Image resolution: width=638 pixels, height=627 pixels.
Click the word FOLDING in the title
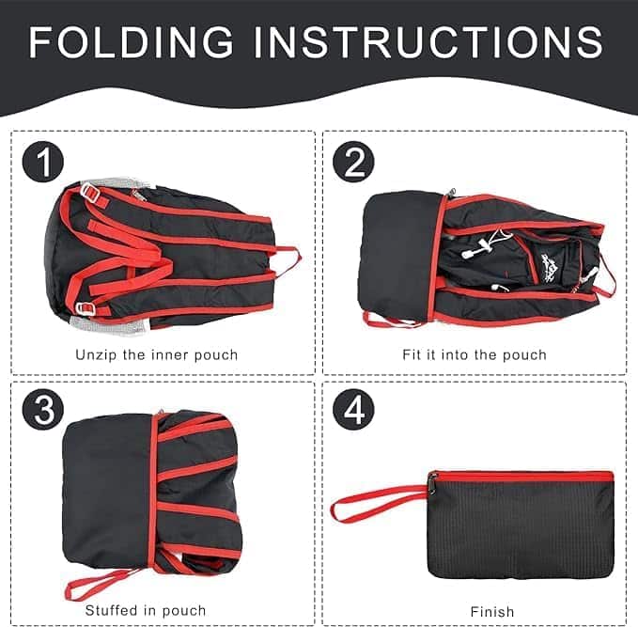[131, 42]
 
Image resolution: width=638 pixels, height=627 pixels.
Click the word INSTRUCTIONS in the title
[428, 42]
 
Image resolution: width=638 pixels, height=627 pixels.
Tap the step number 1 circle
[42, 162]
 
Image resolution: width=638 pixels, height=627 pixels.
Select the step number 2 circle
[353, 162]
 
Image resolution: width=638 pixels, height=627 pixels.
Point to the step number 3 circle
[42, 409]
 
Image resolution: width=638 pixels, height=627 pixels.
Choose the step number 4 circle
[353, 409]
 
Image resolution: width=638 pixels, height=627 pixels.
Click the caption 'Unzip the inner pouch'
[157, 355]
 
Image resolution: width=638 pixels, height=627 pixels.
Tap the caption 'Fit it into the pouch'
[475, 355]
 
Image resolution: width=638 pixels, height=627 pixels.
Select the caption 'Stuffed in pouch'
[146, 610]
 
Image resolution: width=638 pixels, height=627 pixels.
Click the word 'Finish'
[492, 612]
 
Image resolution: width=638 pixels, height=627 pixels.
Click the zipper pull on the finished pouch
[432, 484]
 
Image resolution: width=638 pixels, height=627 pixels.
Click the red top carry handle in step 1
[288, 257]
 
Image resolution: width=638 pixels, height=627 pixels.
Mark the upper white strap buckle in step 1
[91, 192]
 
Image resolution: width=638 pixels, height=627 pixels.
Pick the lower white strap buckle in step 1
[86, 308]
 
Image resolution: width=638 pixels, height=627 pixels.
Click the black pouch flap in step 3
[106, 489]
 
